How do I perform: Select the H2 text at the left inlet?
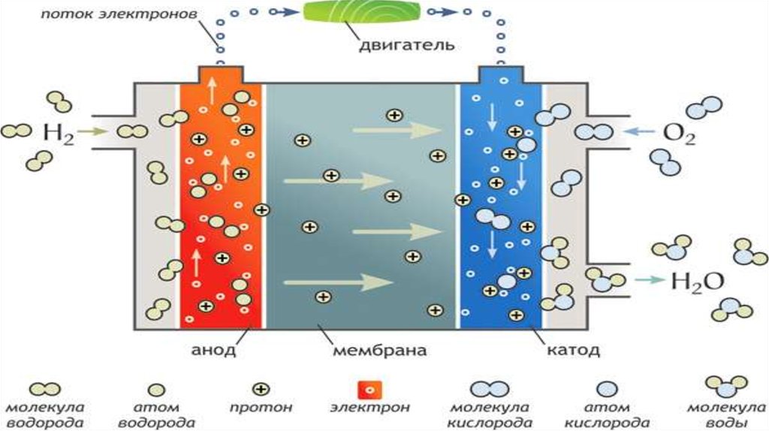59,134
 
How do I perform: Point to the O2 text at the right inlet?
680,135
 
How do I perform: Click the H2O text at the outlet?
696,282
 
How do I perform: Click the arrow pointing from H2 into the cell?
94,132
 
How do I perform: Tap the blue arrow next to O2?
638,132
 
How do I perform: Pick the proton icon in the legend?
261,390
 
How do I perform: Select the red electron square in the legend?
369,390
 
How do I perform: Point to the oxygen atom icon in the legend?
605,389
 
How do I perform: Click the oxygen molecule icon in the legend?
490,389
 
